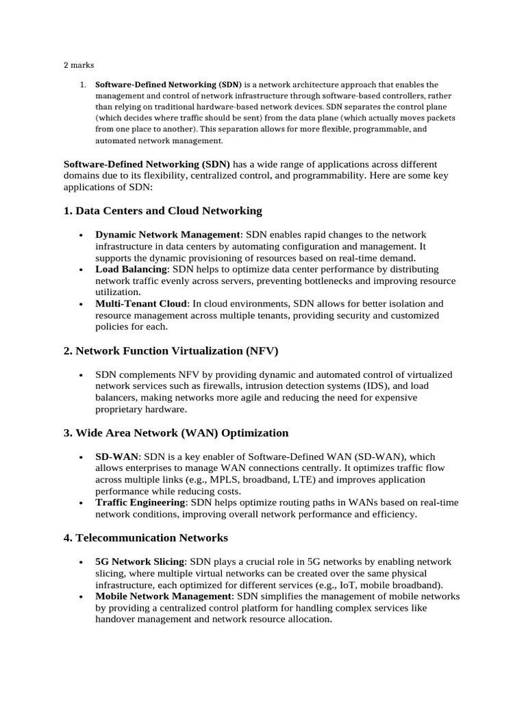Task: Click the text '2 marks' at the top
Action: (x=79, y=65)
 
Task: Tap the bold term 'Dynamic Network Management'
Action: (x=168, y=234)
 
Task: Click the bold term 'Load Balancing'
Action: (x=131, y=269)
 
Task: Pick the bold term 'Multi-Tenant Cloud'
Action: (x=141, y=303)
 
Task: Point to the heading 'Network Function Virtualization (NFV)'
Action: (x=177, y=350)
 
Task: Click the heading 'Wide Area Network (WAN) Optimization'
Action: (x=181, y=433)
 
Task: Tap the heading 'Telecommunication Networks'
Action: (x=151, y=537)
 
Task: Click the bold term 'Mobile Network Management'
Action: (x=164, y=596)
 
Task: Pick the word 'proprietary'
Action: (x=122, y=409)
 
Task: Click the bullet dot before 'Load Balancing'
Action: (x=81, y=270)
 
